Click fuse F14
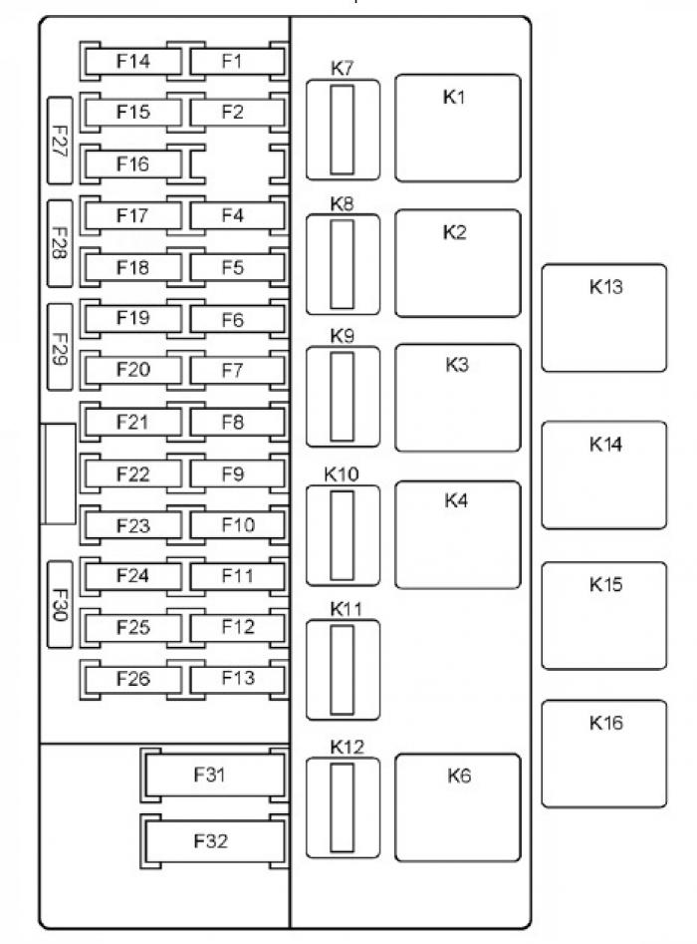132,62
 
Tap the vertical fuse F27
59,141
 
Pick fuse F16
132,164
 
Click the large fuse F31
210,776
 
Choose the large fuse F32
210,840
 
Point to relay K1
457,128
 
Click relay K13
603,317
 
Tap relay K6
457,806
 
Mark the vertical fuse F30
59,603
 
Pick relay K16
603,753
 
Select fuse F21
132,422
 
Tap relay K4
457,534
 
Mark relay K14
603,474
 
